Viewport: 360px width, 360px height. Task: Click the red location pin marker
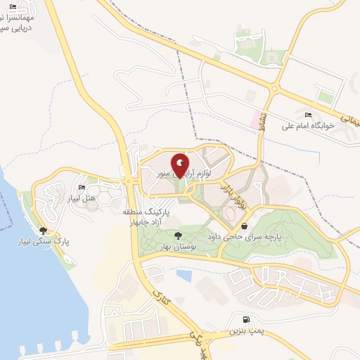click(x=179, y=167)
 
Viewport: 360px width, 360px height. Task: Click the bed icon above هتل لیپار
click(x=82, y=188)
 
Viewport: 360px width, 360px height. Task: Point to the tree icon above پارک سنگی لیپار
click(x=44, y=230)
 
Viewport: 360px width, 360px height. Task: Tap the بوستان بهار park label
click(x=176, y=247)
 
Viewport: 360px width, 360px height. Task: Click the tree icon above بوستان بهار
click(x=176, y=236)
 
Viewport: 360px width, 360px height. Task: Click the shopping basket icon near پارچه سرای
click(x=244, y=226)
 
